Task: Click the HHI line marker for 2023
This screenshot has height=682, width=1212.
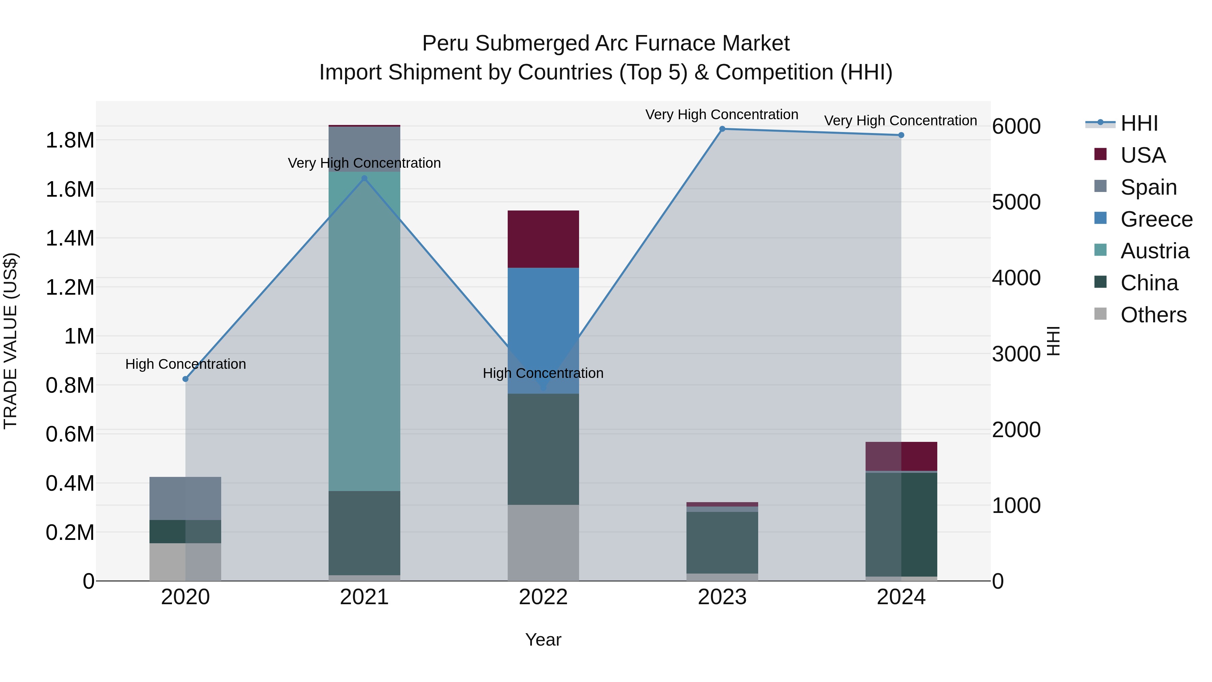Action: [x=722, y=129]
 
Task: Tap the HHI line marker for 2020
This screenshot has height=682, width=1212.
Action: [x=186, y=379]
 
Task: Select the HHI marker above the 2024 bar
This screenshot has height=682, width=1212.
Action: [x=901, y=135]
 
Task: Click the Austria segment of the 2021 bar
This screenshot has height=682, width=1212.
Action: [x=364, y=329]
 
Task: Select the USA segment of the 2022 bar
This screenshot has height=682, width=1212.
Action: [x=543, y=239]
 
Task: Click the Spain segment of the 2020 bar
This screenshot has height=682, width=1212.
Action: [x=186, y=498]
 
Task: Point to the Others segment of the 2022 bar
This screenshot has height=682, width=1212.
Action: [x=543, y=542]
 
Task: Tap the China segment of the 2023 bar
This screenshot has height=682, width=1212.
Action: [x=722, y=542]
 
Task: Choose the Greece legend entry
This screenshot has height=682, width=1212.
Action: [x=1156, y=219]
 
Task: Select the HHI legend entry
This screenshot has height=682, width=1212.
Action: [x=1139, y=123]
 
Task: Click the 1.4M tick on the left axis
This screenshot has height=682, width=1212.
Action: [x=70, y=238]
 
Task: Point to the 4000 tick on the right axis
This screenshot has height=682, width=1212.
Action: [x=1016, y=278]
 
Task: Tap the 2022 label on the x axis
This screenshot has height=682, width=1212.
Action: [x=543, y=597]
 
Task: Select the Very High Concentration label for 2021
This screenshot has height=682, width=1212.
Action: [x=364, y=163]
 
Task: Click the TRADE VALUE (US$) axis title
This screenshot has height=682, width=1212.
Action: [x=10, y=341]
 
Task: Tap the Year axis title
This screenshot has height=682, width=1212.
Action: [x=543, y=640]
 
